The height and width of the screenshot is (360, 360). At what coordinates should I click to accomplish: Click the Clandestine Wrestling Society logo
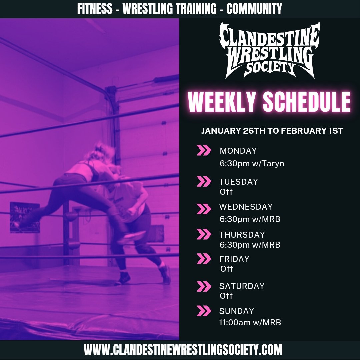tap(269, 50)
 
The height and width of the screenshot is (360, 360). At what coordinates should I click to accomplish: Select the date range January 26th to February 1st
tap(272, 131)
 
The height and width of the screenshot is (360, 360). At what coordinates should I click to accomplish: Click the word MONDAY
tap(238, 151)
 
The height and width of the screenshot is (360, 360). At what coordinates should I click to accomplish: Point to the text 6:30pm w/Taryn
tap(252, 164)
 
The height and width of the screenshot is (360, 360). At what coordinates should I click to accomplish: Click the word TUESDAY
tap(238, 182)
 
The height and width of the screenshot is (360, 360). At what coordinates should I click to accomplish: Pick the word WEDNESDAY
tap(246, 207)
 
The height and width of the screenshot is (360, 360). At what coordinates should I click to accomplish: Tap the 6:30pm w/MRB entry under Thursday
tap(250, 245)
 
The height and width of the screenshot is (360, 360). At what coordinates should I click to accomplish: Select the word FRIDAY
tap(234, 259)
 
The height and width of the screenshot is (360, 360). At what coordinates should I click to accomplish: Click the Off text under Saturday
tap(226, 296)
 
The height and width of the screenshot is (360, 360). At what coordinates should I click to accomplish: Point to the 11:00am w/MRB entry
tap(250, 323)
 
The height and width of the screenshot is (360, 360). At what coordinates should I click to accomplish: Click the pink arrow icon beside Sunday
tap(204, 311)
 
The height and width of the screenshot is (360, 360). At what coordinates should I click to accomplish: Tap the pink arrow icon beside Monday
tap(204, 151)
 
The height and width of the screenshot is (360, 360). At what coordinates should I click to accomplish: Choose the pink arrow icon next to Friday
tap(204, 259)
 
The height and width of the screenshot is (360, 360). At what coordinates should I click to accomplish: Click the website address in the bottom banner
tap(183, 350)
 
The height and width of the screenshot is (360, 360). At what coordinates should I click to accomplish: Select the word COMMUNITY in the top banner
tap(254, 9)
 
